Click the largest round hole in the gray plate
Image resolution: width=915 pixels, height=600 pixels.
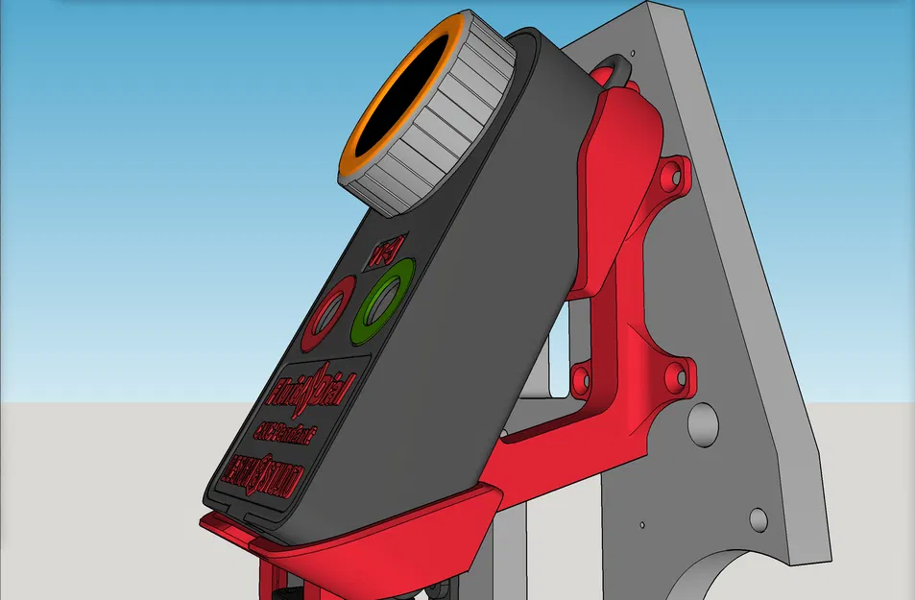[x=705, y=422]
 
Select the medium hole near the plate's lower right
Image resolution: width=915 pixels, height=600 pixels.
[x=758, y=520]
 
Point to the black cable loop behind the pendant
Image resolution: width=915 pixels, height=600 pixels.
[x=615, y=70]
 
